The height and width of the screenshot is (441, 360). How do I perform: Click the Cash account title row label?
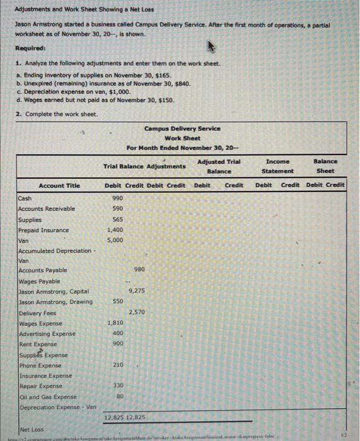(25, 198)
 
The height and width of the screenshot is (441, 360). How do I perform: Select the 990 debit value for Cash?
(117, 198)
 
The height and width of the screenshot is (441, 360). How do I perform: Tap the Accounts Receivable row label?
(46, 209)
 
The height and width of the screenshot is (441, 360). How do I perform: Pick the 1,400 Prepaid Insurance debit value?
(115, 230)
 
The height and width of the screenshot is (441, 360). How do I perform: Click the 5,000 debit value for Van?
(115, 240)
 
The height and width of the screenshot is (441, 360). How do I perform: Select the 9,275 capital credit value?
(137, 290)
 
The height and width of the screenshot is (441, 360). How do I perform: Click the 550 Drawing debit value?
(117, 302)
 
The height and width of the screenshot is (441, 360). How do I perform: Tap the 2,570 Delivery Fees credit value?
(137, 312)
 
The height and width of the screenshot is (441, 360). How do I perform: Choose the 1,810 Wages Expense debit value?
(115, 323)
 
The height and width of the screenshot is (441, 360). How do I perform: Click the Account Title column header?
(59, 185)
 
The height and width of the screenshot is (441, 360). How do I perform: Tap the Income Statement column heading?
(278, 166)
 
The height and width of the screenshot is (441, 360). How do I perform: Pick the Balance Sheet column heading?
(325, 166)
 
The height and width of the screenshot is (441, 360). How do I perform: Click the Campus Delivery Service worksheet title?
(182, 129)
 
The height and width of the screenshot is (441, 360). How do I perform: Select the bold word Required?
(29, 47)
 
